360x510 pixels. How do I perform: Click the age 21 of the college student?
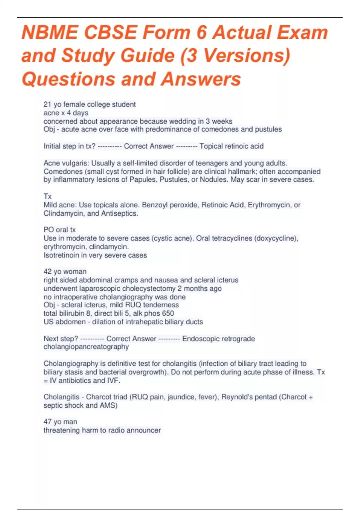[47, 104]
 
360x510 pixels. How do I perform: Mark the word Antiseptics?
[120, 213]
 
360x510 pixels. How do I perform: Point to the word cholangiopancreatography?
[86, 347]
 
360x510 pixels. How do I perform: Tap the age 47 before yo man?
[47, 422]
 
